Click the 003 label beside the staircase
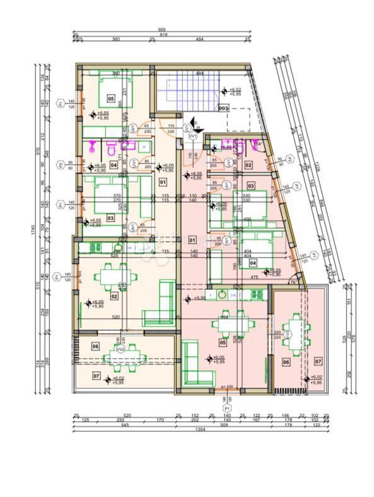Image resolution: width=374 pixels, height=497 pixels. click(x=223, y=108)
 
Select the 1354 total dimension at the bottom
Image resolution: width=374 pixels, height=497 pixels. click(x=200, y=429)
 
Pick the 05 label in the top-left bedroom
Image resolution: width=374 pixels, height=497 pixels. click(x=110, y=99)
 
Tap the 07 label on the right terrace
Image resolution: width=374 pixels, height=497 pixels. click(x=318, y=361)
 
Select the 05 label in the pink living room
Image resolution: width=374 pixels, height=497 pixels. click(x=222, y=343)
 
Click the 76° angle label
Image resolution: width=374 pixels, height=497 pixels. click(x=293, y=282)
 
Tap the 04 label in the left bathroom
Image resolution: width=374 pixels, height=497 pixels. click(x=114, y=165)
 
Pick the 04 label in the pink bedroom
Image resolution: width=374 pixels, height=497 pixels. click(x=253, y=262)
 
